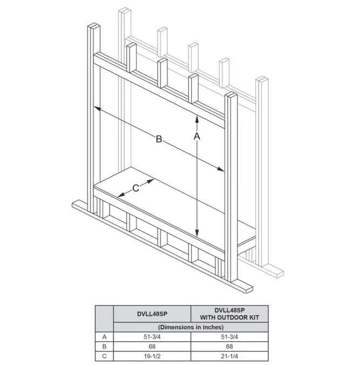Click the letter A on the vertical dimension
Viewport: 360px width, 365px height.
pyautogui.click(x=197, y=137)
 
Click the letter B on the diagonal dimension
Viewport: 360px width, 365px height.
pyautogui.click(x=159, y=139)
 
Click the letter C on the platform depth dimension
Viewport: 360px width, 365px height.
pyautogui.click(x=135, y=188)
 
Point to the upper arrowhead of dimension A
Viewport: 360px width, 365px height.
pyautogui.click(x=197, y=119)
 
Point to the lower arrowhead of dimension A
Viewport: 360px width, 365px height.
pyautogui.click(x=197, y=233)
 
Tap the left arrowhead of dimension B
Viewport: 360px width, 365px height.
pyautogui.click(x=97, y=108)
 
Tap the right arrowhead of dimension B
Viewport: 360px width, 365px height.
pyautogui.click(x=221, y=169)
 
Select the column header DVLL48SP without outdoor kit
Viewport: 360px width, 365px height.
pyautogui.click(x=152, y=314)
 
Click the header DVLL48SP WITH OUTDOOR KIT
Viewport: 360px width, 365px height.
pyautogui.click(x=229, y=314)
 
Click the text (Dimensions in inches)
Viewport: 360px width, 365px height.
pyautogui.click(x=191, y=327)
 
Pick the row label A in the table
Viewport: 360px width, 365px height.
pyautogui.click(x=104, y=337)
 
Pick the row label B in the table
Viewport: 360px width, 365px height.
pyautogui.click(x=104, y=347)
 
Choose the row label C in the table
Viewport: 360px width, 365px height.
pyautogui.click(x=104, y=356)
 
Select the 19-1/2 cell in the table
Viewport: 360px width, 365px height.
pyautogui.click(x=152, y=356)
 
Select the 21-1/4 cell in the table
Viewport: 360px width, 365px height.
pyautogui.click(x=229, y=356)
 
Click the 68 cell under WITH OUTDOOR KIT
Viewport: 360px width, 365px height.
pyautogui.click(x=229, y=347)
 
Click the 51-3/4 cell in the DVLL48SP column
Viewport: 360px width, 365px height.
pyautogui.click(x=152, y=337)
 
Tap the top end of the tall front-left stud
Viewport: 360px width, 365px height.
pyautogui.click(x=94, y=25)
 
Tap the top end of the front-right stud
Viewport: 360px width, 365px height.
pyautogui.click(x=231, y=94)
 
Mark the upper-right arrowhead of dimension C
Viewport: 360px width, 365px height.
pyautogui.click(x=151, y=181)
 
